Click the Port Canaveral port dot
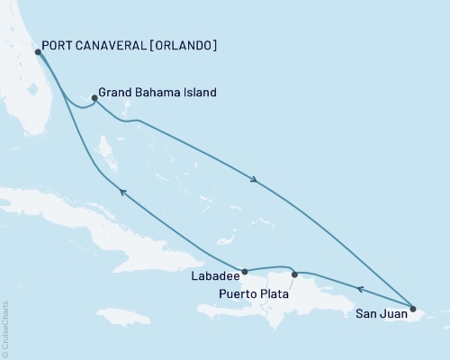tap(38, 52)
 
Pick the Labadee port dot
tap(243, 269)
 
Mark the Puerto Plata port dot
tap(294, 274)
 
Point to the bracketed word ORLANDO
tap(184, 46)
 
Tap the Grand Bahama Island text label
tap(157, 92)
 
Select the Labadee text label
tap(215, 277)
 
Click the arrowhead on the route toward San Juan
tap(256, 181)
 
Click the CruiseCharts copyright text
tap(6, 328)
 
